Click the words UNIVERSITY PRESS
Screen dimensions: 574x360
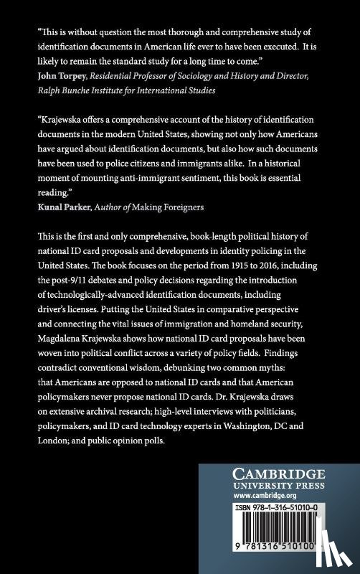(279, 485)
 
